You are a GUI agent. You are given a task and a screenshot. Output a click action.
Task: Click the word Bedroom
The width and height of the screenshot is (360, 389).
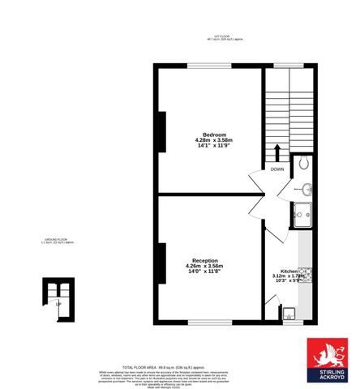pos(214,134)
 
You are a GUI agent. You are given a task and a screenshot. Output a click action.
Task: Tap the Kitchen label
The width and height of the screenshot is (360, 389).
pos(289,271)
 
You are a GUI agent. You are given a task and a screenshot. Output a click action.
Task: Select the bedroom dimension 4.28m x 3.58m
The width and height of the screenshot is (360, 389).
pos(214,140)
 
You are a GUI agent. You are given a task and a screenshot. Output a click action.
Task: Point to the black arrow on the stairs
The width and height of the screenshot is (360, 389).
pos(277,153)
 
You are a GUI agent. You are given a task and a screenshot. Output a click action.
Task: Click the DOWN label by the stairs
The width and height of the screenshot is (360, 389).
pos(277,169)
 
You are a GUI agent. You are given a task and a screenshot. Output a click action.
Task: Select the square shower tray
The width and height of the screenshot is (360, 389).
pos(302,216)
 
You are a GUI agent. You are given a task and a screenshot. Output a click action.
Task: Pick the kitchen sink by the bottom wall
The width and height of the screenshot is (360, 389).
pos(289,312)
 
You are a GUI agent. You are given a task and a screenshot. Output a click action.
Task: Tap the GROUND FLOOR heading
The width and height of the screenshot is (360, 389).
pos(58,241)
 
